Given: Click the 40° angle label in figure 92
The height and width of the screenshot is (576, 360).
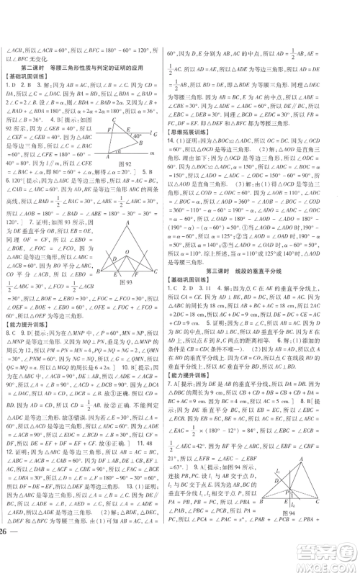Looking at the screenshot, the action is (x=135, y=135).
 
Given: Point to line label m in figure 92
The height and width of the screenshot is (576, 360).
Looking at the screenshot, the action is (x=152, y=153).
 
